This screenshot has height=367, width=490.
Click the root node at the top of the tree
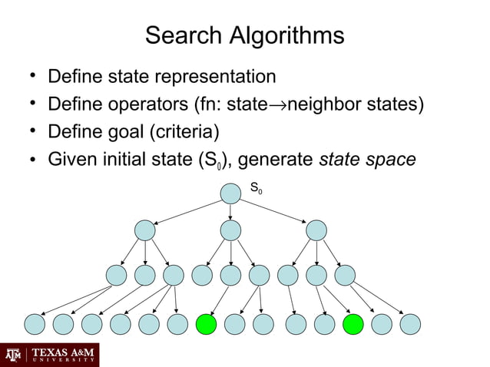230,193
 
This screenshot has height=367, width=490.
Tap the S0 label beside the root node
256,187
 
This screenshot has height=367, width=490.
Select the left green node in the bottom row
207,325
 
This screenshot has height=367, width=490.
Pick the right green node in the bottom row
353,325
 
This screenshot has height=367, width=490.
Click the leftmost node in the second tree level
144,230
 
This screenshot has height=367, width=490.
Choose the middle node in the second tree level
230,230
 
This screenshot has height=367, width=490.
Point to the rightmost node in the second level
316,230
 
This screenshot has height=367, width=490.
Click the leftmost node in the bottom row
35,325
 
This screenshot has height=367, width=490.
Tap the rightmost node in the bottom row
410,325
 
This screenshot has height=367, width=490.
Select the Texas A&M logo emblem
13,355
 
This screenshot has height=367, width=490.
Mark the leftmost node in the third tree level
116,276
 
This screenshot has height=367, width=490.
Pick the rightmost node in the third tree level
345,276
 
